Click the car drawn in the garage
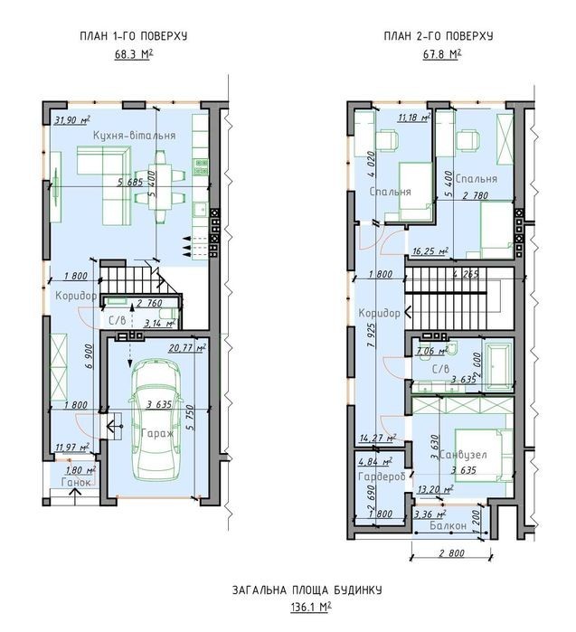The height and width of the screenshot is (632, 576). click(155, 420)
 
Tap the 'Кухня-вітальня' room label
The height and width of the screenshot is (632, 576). click(134, 135)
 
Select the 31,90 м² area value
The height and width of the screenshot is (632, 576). click(71, 119)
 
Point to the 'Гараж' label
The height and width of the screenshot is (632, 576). click(157, 434)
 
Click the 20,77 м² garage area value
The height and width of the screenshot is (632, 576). click(187, 347)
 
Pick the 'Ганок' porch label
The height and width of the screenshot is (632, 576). click(76, 482)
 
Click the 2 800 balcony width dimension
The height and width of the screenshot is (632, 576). click(451, 553)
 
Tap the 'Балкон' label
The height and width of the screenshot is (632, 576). click(448, 525)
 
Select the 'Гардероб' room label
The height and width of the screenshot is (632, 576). click(382, 476)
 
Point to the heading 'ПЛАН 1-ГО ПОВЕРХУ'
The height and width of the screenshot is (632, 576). click(134, 36)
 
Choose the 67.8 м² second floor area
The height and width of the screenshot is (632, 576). click(442, 53)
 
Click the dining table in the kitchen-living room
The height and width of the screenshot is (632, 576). click(160, 186)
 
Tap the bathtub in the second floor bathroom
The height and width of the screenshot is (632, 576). click(498, 366)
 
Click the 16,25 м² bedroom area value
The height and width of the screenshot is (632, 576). click(430, 251)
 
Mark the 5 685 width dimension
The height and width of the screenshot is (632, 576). click(130, 182)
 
